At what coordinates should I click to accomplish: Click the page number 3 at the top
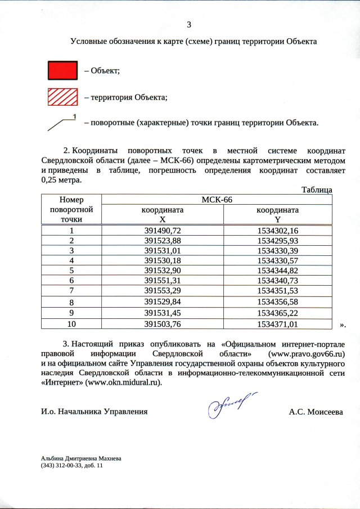coord(188,24)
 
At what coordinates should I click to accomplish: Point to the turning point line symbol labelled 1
coord(62,123)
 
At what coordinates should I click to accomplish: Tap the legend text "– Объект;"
coord(102,71)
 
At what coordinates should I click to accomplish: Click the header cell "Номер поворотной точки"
coord(71,209)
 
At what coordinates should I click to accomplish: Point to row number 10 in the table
coord(71,324)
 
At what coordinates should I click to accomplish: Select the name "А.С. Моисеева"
coord(316,412)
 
